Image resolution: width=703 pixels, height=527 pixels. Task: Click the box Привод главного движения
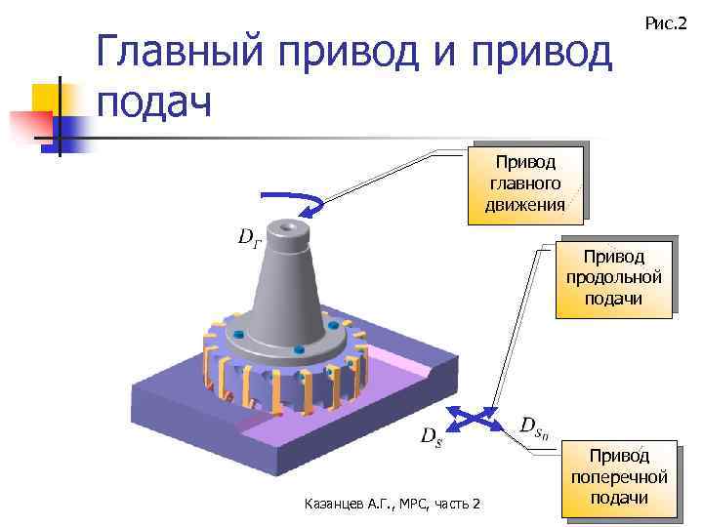click(526, 182)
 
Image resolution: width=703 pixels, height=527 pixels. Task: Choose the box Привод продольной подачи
click(614, 277)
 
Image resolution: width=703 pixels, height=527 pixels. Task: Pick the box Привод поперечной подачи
click(620, 477)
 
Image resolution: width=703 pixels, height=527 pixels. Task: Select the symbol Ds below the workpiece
click(431, 437)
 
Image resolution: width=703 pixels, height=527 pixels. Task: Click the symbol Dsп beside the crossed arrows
click(535, 426)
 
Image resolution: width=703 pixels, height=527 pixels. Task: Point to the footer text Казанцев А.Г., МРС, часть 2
click(393, 504)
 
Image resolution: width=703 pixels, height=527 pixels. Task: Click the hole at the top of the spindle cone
click(287, 228)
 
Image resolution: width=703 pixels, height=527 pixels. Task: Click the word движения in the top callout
click(525, 204)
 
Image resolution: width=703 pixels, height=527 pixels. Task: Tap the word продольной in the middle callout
click(614, 277)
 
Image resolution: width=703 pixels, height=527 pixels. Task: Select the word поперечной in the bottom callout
click(620, 477)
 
